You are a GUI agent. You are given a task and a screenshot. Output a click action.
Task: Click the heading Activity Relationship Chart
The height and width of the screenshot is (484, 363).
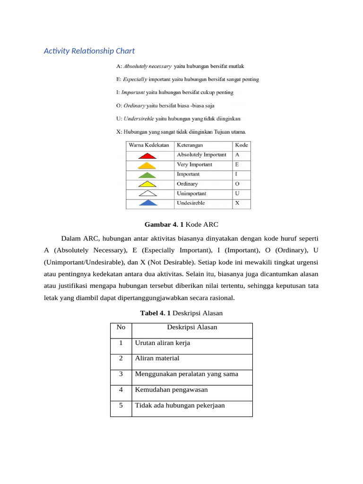click(x=89, y=51)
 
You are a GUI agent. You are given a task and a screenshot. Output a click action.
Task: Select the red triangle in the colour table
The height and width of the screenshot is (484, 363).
click(x=148, y=156)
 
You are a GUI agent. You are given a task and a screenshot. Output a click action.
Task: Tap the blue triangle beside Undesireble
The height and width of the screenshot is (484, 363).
click(x=148, y=204)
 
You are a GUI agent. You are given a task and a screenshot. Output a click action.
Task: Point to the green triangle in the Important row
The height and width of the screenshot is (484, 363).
click(x=148, y=175)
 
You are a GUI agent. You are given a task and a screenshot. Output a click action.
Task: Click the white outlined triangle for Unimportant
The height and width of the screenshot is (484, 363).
click(x=148, y=194)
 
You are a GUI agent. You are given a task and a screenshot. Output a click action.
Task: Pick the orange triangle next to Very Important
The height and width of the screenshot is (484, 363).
click(x=148, y=165)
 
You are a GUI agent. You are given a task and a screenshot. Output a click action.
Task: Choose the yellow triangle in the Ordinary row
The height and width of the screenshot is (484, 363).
click(x=148, y=184)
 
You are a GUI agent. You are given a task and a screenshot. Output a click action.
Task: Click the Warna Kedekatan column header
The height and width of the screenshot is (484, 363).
click(x=149, y=145)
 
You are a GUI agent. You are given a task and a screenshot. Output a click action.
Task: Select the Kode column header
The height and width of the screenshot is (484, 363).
click(x=241, y=145)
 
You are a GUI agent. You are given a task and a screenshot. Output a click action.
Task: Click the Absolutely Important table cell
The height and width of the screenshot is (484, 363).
click(x=201, y=155)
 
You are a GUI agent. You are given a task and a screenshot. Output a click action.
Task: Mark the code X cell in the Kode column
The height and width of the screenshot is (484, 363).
click(x=237, y=203)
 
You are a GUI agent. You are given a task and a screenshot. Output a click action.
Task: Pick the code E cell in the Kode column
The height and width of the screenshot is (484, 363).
click(x=237, y=164)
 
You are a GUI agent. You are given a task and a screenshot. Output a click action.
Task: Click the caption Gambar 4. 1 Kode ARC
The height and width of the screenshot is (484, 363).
click(x=181, y=225)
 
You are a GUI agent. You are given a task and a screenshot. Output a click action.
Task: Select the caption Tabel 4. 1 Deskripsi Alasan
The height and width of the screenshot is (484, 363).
click(x=181, y=313)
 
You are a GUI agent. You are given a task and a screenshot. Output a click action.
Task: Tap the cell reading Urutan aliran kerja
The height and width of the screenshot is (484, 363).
click(x=163, y=343)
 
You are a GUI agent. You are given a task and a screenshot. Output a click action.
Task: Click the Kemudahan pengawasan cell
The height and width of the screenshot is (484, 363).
click(x=171, y=390)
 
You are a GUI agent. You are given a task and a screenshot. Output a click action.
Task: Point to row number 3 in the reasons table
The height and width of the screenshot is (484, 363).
click(x=121, y=374)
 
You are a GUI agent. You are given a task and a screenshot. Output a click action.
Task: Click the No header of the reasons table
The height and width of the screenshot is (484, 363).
click(x=121, y=328)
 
